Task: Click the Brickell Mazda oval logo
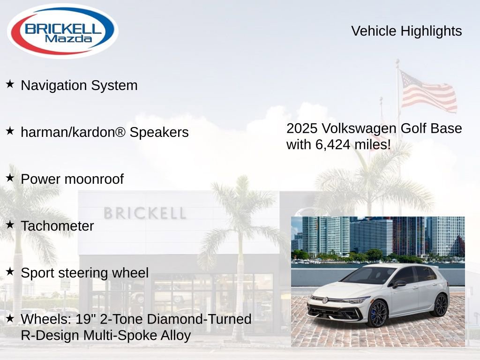[x=62, y=30]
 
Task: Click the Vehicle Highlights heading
[x=406, y=31]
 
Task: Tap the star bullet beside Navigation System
[x=10, y=84]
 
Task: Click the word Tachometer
[x=57, y=226]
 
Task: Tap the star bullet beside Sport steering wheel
[x=10, y=271]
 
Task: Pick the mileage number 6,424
[x=333, y=144]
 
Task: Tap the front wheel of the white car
[x=377, y=313]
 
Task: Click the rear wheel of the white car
[x=440, y=305]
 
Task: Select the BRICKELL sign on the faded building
[x=144, y=214]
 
